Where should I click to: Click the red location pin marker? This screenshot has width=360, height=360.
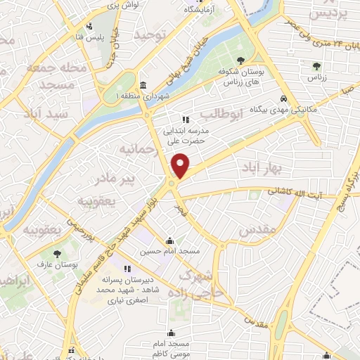(x=181, y=165)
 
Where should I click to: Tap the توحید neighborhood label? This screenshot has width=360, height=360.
(x=153, y=34)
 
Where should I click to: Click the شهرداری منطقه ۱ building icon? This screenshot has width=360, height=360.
(x=143, y=85)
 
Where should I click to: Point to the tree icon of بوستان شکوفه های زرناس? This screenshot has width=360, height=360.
(x=241, y=61)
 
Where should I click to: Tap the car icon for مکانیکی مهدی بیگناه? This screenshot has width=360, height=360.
(x=283, y=99)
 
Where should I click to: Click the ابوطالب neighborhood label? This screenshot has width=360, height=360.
(x=221, y=112)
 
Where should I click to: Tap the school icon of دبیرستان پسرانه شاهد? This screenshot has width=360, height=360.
(x=127, y=269)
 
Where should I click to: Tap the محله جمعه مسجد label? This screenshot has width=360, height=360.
(x=55, y=75)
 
